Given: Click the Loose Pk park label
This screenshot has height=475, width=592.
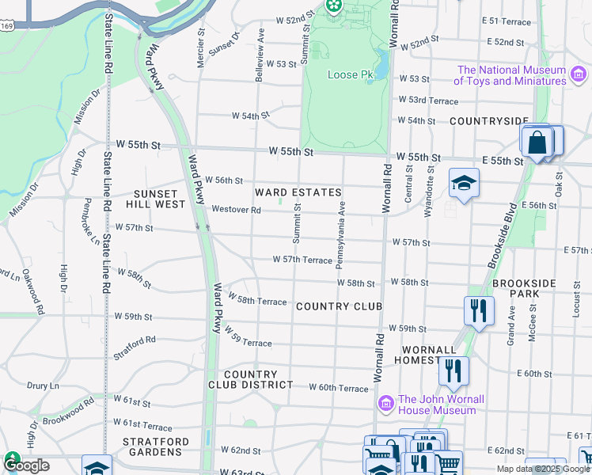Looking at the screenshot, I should (x=350, y=76).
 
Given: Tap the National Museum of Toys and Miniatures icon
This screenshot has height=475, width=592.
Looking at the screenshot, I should (x=579, y=75).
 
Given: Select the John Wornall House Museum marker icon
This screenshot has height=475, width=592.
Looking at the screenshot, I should (x=386, y=404).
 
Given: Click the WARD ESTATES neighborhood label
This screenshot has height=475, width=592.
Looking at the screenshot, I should (x=298, y=192).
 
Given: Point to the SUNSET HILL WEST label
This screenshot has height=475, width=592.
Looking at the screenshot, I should (x=159, y=199).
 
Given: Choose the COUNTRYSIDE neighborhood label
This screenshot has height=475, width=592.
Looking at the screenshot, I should (x=488, y=121).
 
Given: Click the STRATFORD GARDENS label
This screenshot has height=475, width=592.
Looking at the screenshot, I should (x=155, y=446).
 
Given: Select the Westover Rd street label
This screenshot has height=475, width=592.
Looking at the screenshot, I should (x=236, y=210).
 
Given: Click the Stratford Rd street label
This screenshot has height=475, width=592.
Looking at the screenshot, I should (x=135, y=347).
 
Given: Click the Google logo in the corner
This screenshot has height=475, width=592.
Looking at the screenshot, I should (x=25, y=465).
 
